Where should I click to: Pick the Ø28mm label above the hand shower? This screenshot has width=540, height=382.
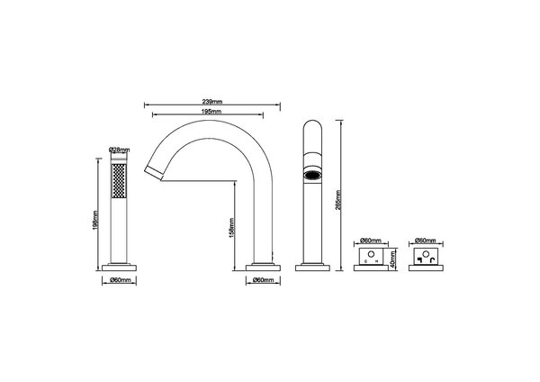tap(119, 149)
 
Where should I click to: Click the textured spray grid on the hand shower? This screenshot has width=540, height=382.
tap(119, 184)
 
